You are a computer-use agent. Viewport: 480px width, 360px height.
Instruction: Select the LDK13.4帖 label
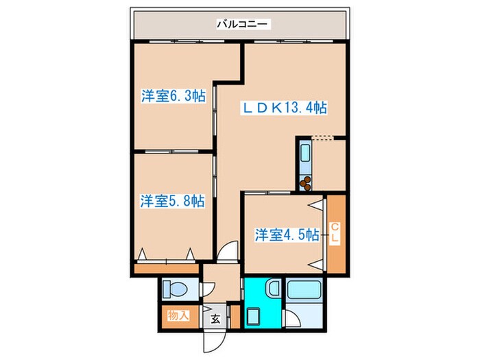click(x=283, y=108)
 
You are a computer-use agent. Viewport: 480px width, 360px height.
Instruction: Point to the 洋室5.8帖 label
click(x=173, y=201)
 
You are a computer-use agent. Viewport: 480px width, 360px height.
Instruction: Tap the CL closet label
click(x=335, y=233)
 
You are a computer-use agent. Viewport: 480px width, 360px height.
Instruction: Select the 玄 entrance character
click(x=215, y=317)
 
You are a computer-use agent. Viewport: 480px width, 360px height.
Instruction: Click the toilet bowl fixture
click(x=173, y=289)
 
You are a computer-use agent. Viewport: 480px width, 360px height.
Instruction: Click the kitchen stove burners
click(x=304, y=182)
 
